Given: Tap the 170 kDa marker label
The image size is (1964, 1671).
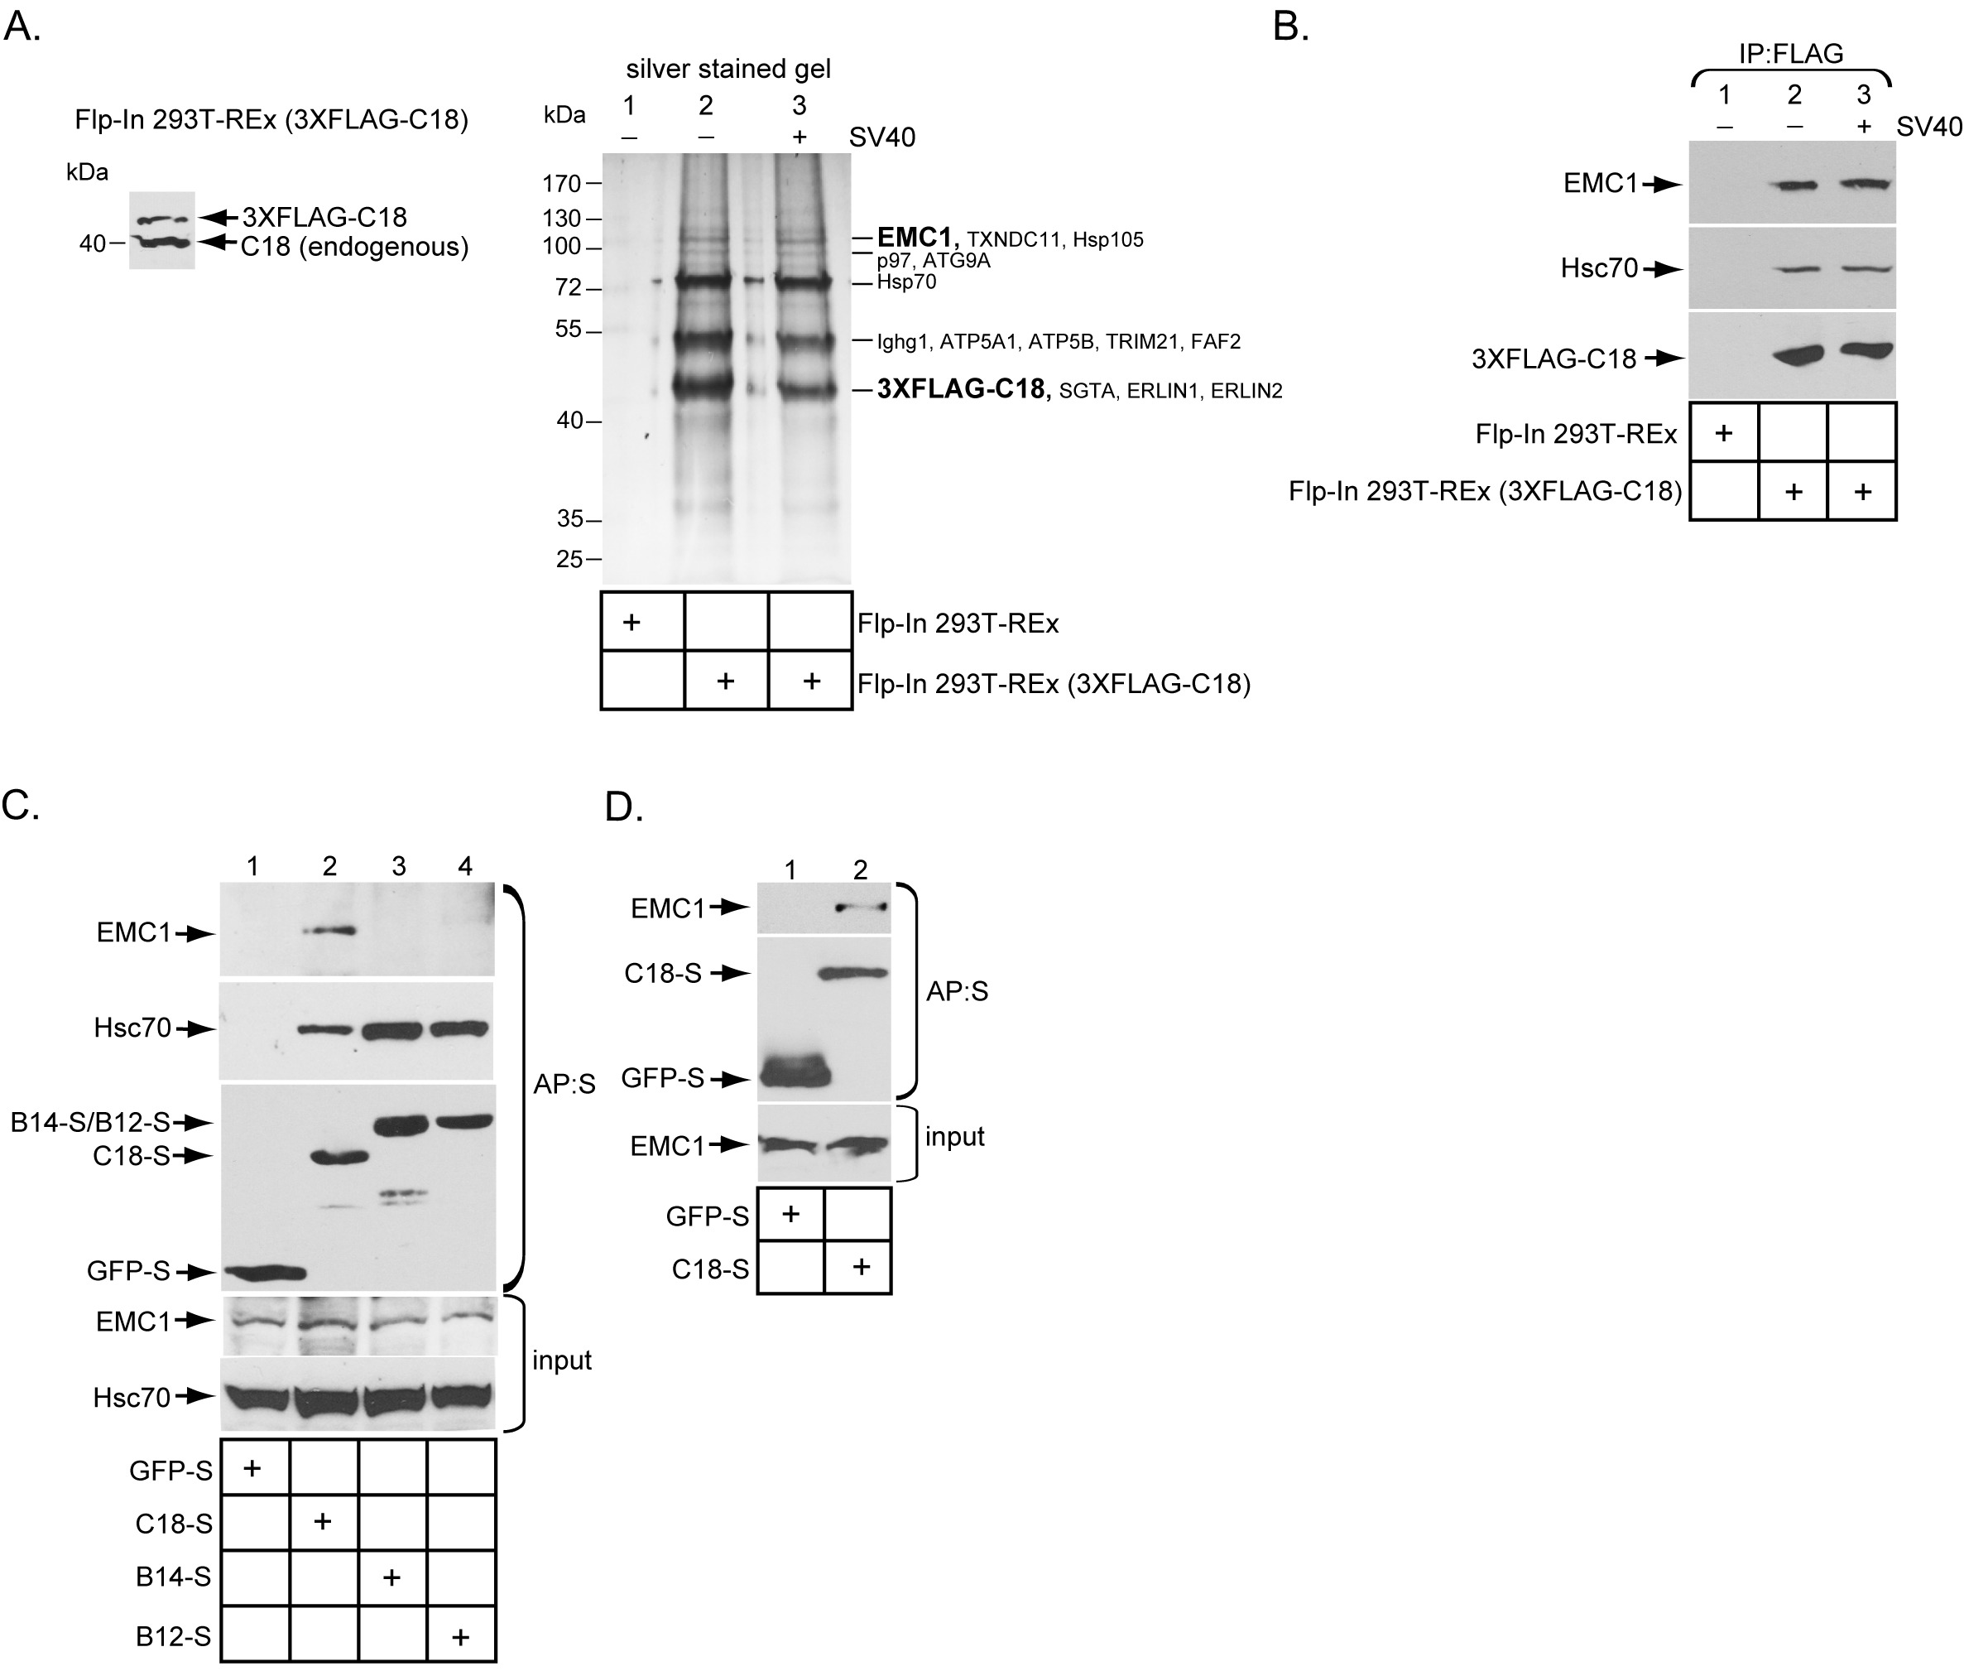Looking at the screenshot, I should (x=561, y=184).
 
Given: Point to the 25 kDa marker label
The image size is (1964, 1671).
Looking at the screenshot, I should (x=569, y=559).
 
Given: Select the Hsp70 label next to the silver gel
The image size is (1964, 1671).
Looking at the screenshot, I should (x=906, y=282).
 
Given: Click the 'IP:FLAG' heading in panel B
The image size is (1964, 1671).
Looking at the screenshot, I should (x=1791, y=54).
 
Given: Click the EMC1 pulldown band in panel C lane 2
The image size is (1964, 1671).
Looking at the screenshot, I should (x=328, y=932).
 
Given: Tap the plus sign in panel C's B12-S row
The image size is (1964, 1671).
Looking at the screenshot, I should (x=461, y=1636).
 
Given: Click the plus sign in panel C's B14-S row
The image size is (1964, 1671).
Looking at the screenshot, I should (x=391, y=1577).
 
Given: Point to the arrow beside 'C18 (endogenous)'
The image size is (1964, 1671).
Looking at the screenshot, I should (x=218, y=243).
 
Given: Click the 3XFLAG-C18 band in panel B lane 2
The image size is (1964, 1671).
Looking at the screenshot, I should (x=1793, y=357).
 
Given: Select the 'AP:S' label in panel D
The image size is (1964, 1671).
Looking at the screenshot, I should (x=957, y=991).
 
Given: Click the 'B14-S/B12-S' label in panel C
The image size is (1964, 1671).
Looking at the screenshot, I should (x=91, y=1123).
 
